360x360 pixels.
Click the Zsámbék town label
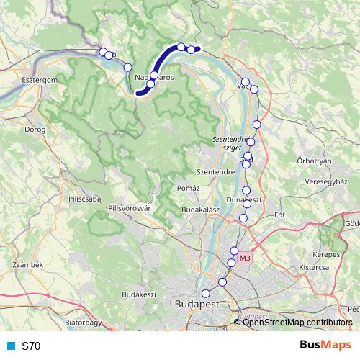pos(29,265)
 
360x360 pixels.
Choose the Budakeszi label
pos(139,294)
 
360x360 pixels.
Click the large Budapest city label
pos(197,305)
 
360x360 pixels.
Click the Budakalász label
pos(200,209)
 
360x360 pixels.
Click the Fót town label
pos(281,215)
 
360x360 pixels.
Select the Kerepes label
pos(326,256)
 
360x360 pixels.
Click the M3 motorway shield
pos(246,258)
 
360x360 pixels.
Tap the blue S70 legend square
pos(10,346)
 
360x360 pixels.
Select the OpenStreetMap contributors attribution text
pos(297,323)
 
